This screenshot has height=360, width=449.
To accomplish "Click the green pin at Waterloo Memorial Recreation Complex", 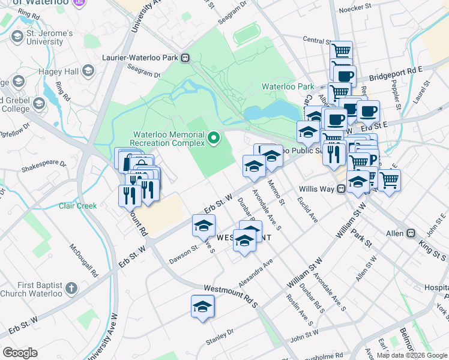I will point(213,140).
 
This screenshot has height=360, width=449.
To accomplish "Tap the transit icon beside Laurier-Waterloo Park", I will point(185,58).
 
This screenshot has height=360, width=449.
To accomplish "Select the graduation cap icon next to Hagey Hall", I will point(88,72).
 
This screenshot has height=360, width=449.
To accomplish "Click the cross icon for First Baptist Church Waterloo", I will point(71,289).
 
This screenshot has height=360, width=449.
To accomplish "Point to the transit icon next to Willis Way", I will point(341,188).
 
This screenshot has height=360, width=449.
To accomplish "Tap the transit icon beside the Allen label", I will point(411,233).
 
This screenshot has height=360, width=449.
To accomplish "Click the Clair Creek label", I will point(77,206).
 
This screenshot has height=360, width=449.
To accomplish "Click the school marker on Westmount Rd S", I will point(203,307).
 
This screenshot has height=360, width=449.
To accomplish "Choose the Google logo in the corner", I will point(20,353).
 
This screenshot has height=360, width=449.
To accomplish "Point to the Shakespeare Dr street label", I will point(44,162).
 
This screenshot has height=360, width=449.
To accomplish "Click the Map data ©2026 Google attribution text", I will point(412,355).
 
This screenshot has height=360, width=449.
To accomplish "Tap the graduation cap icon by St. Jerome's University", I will point(17,37).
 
